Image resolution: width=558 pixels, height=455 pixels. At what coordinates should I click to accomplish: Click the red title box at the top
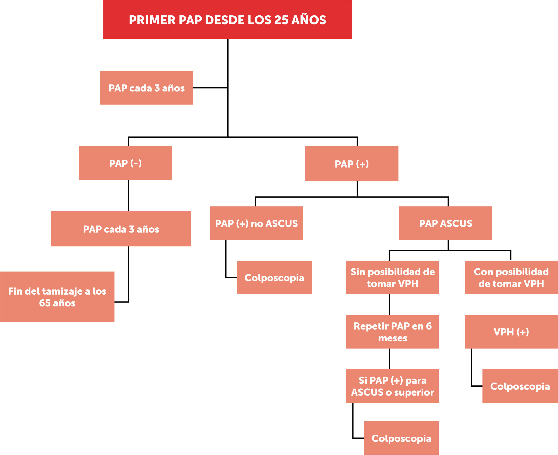tap(227, 20)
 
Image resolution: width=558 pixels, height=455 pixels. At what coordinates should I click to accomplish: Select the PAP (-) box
tap(125, 163)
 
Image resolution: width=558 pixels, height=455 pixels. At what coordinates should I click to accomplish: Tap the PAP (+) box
tap(352, 164)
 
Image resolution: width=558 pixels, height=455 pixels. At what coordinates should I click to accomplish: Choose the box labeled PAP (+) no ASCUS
tap(256, 223)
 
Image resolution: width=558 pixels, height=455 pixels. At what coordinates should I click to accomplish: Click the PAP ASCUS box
tap(446, 223)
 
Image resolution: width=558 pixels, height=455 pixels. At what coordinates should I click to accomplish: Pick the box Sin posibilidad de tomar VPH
tap(393, 277)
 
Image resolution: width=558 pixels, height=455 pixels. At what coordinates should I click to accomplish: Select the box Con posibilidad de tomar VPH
tap(511, 277)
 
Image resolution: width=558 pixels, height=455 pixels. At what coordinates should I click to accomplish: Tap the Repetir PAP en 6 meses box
tap(393, 332)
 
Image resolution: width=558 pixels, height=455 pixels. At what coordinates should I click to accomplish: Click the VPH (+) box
tap(511, 332)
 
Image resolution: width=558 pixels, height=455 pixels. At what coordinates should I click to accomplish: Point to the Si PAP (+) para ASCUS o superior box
tap(393, 386)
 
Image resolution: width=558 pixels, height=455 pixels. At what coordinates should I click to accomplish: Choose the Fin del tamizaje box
tap(57, 297)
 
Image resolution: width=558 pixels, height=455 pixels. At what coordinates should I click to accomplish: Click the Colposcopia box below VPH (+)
tap(520, 386)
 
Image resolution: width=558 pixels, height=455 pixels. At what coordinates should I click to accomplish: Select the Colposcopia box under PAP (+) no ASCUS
tap(274, 277)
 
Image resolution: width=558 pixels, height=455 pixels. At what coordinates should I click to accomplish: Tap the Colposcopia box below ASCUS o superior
tap(401, 438)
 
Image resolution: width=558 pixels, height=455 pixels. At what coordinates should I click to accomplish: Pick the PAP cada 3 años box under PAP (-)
tap(121, 229)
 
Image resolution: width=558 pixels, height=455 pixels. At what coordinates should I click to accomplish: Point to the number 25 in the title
tap(281, 20)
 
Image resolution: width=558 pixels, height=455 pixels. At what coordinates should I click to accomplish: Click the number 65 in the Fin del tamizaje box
tap(45, 303)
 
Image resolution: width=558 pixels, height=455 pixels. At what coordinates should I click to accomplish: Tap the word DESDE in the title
tap(225, 20)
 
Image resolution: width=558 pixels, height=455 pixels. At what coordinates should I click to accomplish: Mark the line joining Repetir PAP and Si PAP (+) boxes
tap(389, 359)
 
